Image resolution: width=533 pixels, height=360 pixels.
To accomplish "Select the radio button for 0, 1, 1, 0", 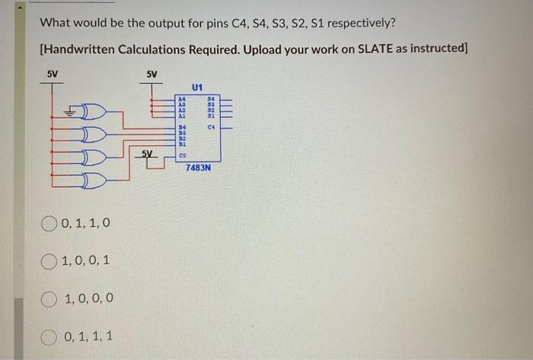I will coord(49,224).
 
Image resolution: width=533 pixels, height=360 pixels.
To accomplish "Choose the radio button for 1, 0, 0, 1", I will coord(49,260).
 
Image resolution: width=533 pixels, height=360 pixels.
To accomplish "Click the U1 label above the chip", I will coord(197,88).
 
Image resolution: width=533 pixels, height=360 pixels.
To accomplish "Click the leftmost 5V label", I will coord(53,75).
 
